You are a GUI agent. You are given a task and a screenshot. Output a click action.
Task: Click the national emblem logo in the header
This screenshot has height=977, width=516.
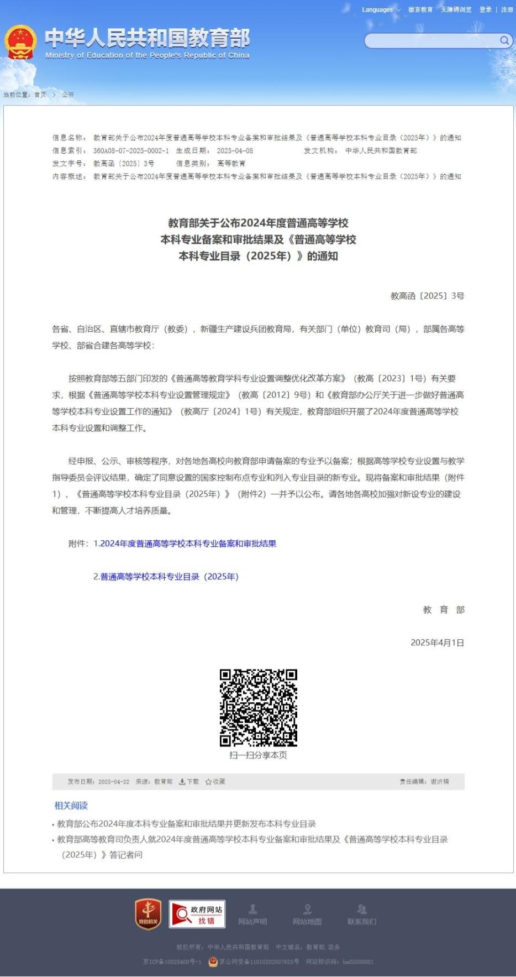(x=20, y=42)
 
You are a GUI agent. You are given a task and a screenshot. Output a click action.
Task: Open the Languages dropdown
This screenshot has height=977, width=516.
(x=381, y=9)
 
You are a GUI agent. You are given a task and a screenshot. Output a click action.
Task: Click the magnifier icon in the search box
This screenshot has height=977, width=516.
(x=504, y=40)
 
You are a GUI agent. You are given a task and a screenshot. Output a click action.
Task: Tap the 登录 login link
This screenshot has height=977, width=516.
(x=485, y=9)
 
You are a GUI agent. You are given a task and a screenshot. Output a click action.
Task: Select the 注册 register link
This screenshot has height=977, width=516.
(x=507, y=9)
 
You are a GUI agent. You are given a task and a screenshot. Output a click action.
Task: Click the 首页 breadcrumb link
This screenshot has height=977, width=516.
(x=40, y=95)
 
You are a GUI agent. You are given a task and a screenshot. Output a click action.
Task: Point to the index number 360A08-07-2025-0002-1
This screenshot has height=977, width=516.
(x=131, y=150)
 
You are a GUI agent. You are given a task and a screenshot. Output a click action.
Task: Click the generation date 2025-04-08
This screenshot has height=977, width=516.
(x=235, y=150)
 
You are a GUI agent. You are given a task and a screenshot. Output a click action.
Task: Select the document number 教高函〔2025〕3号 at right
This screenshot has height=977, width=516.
(x=427, y=296)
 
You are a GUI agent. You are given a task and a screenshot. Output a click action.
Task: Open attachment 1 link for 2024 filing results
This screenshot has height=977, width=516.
(x=188, y=544)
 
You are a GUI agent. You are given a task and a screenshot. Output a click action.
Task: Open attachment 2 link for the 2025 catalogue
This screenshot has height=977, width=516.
(x=169, y=577)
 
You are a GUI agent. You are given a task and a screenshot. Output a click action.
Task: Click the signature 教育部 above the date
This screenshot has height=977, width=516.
(x=444, y=610)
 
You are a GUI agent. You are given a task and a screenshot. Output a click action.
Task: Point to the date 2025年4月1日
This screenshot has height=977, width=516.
(x=437, y=642)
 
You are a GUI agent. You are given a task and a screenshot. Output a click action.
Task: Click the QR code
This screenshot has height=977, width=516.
(x=258, y=708)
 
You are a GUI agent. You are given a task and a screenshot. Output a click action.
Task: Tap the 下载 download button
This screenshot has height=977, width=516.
(x=189, y=782)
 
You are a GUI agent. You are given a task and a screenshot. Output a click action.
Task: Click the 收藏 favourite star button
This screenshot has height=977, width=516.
(x=215, y=782)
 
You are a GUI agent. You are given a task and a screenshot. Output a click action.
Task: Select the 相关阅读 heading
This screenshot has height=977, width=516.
(x=71, y=806)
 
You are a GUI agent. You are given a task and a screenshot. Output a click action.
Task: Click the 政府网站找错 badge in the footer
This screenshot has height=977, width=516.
(x=197, y=914)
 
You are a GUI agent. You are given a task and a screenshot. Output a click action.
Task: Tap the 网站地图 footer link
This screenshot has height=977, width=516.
(x=307, y=915)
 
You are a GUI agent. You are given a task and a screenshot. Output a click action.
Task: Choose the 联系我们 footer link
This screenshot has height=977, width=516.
(x=362, y=915)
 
